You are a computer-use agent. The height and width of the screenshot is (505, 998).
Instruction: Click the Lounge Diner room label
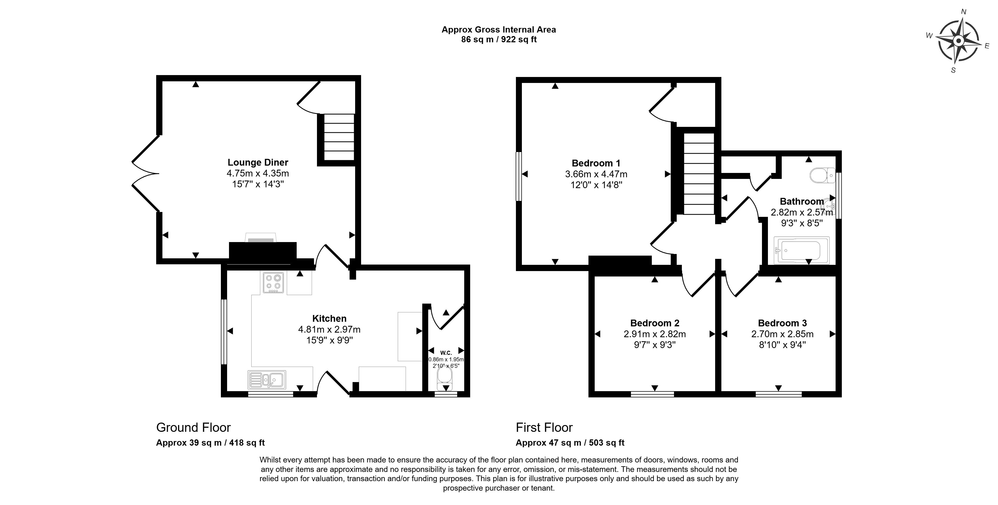258,163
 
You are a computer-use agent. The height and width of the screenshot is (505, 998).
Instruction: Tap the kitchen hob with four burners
273,283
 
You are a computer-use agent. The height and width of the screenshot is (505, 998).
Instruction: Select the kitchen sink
267,380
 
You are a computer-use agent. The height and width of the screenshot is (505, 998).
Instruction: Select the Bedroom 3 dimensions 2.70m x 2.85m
782,334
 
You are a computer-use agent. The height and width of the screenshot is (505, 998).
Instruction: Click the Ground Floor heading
193,427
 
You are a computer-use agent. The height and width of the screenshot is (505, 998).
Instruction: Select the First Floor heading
544,427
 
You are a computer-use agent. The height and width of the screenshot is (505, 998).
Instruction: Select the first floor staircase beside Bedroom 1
699,173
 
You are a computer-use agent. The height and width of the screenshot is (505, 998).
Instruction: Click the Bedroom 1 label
596,163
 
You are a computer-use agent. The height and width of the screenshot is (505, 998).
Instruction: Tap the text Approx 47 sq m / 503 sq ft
570,443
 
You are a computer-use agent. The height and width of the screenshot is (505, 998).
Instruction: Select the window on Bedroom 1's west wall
519,176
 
